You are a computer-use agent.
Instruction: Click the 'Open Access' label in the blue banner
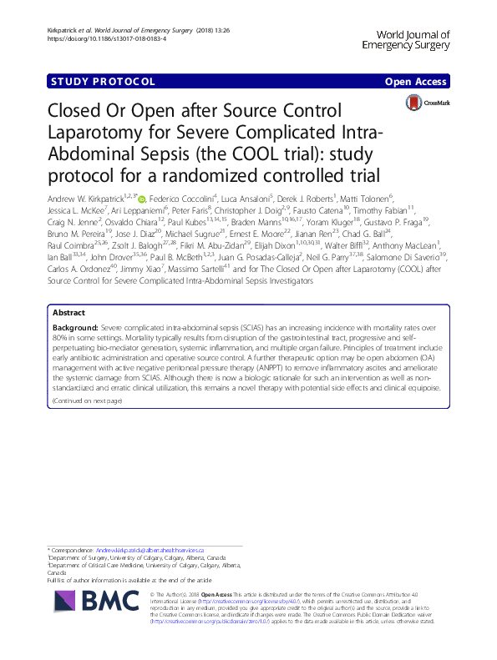coord(417,82)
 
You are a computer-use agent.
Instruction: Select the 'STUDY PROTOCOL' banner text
coord(104,82)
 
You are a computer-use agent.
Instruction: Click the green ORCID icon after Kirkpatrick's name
coord(141,199)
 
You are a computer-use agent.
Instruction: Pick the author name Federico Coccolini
coord(180,199)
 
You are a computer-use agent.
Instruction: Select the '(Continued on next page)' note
coord(87,401)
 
